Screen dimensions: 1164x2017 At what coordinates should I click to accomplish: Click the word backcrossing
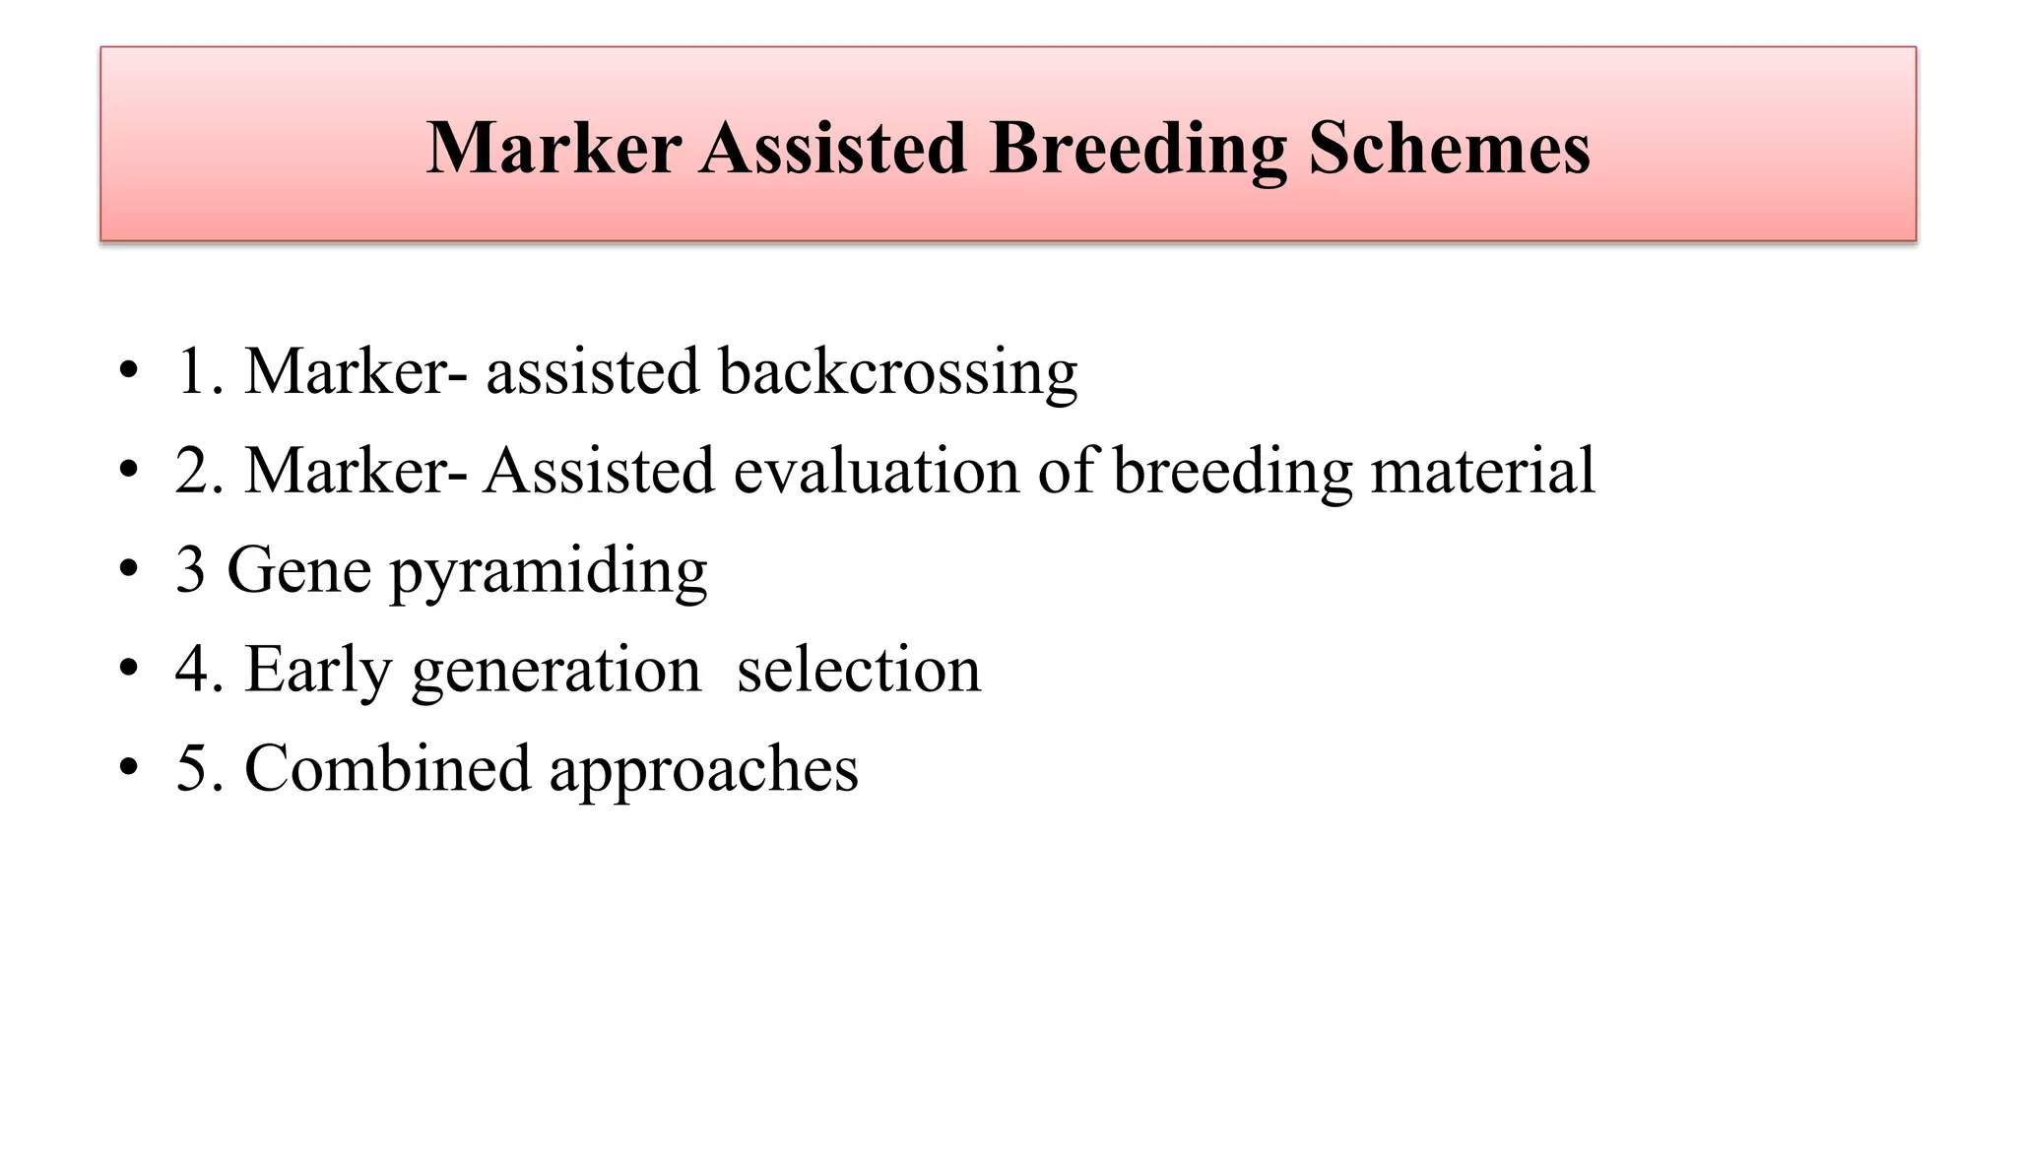pos(897,372)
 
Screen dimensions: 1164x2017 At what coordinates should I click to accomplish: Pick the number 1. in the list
pos(200,372)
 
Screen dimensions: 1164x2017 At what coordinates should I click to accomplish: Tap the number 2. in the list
pos(200,471)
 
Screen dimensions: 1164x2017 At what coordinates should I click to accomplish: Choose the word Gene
pos(299,570)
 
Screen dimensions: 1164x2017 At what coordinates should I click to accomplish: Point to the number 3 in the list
pos(190,570)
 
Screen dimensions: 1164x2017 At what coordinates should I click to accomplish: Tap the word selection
pos(859,670)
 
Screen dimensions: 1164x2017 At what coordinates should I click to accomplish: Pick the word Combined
pos(387,768)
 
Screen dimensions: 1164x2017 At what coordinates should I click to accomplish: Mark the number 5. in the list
pos(200,769)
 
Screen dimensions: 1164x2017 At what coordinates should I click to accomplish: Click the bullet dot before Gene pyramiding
pos(128,570)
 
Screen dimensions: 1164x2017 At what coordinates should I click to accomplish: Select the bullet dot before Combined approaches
pos(128,768)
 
